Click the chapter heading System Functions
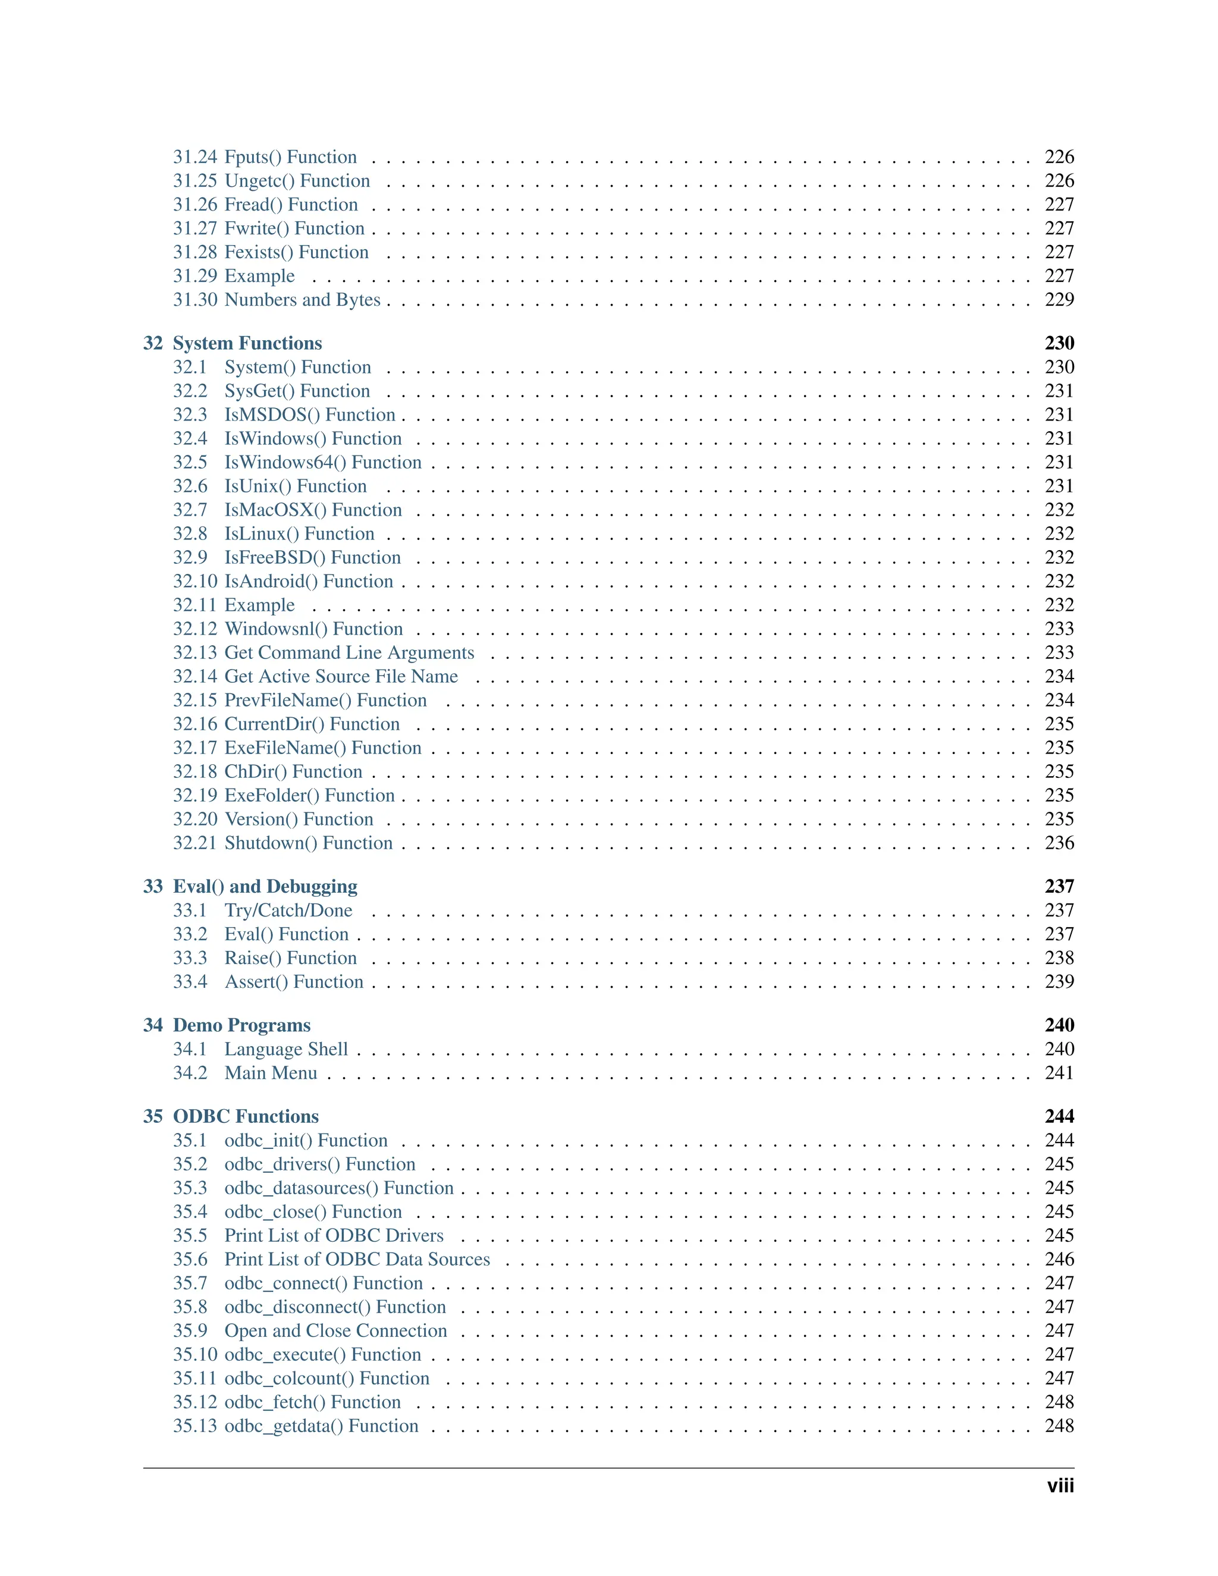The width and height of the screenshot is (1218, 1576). click(x=247, y=344)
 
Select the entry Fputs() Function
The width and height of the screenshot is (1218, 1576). click(x=290, y=158)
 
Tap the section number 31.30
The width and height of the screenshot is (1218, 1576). click(x=195, y=300)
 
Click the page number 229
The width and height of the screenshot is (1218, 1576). click(x=1059, y=300)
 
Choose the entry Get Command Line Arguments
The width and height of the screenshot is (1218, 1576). click(x=349, y=653)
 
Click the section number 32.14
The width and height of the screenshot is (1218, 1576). click(x=195, y=677)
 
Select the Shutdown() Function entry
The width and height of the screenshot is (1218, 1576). click(x=308, y=843)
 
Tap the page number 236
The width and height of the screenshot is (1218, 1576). click(x=1059, y=843)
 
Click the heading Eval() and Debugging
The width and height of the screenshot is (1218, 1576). click(x=265, y=887)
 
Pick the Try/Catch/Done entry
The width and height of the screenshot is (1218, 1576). click(x=288, y=911)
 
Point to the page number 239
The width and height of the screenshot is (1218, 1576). click(x=1059, y=982)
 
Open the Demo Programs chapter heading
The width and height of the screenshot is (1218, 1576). click(x=241, y=1026)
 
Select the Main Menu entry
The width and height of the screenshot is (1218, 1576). click(x=271, y=1073)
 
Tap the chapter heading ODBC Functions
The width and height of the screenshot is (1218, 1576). click(x=246, y=1117)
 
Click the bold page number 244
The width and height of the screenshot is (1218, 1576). click(x=1059, y=1117)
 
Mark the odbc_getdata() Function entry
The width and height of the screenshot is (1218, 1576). click(x=321, y=1427)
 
